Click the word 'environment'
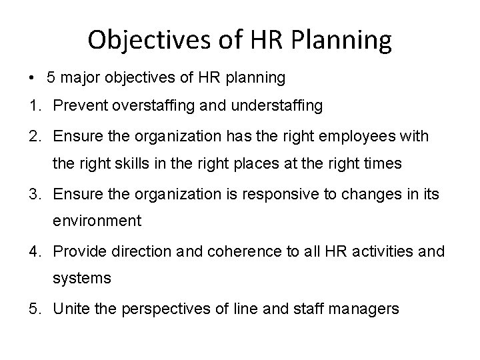(x=97, y=221)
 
